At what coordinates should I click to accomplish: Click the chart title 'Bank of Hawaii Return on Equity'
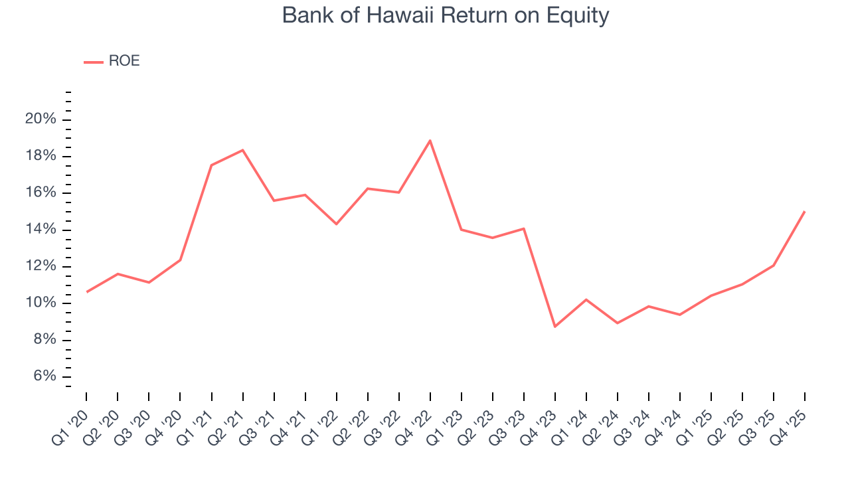pyautogui.click(x=445, y=15)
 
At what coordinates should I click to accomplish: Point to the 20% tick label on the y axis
pyautogui.click(x=41, y=119)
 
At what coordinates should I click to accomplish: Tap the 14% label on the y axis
pyautogui.click(x=41, y=230)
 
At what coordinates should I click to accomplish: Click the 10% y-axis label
pyautogui.click(x=41, y=303)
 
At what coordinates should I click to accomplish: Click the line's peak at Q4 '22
pyautogui.click(x=430, y=141)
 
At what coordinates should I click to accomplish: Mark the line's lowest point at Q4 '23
pyautogui.click(x=555, y=326)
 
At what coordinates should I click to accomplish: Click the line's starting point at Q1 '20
pyautogui.click(x=86, y=291)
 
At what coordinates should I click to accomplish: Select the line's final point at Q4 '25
pyautogui.click(x=805, y=212)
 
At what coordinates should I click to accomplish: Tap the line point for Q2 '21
pyautogui.click(x=243, y=150)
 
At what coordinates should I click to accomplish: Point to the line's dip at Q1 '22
pyautogui.click(x=337, y=224)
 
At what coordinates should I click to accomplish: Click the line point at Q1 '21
pyautogui.click(x=211, y=165)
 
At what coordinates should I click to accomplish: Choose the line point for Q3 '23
pyautogui.click(x=524, y=228)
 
